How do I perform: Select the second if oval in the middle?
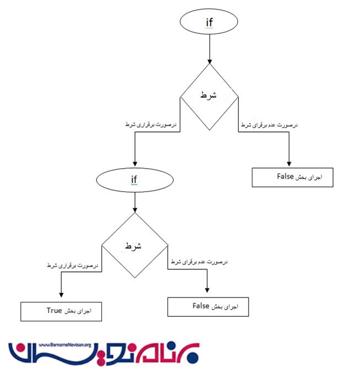tap(134, 180)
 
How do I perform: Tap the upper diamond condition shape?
tap(209, 97)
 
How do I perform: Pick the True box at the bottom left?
tap(61, 311)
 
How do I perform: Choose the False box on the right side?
tap(293, 177)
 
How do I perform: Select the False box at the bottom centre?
tap(208, 306)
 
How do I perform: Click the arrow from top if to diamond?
tap(209, 50)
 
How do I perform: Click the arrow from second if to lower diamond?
tap(135, 203)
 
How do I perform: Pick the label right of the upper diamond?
tap(268, 126)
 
